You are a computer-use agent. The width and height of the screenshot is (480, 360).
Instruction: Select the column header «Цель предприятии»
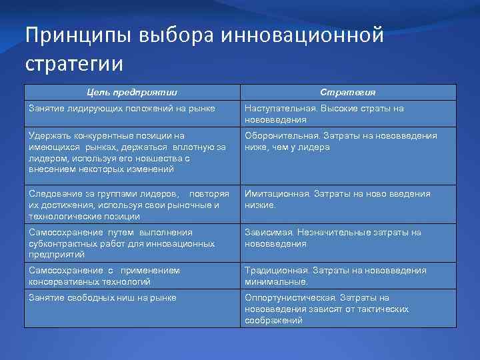[131, 93]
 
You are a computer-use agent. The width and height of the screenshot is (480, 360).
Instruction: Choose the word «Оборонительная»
[277, 135]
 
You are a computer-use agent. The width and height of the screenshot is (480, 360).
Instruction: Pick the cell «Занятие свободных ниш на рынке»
[102, 297]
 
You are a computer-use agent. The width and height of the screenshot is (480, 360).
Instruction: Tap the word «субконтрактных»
[63, 243]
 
